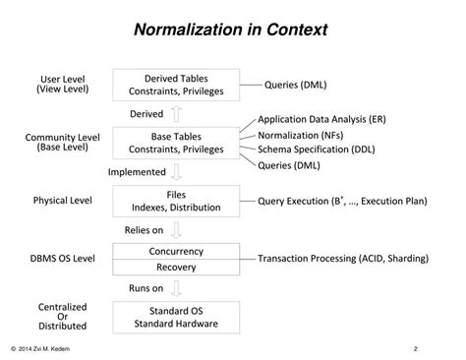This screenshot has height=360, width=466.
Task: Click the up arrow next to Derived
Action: tap(176, 114)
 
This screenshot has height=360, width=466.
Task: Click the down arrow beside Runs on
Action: tap(176, 288)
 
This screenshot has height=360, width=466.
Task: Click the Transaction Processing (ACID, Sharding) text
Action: tap(343, 259)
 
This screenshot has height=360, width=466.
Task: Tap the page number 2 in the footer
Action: tap(416, 347)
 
